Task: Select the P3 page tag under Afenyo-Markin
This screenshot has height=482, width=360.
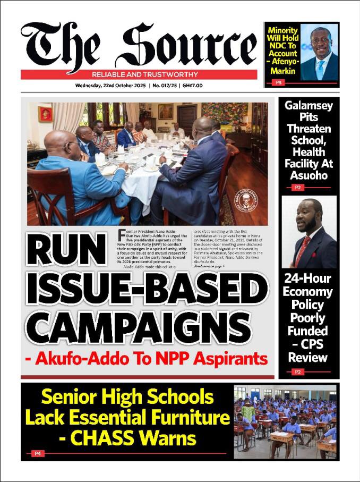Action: click(277, 82)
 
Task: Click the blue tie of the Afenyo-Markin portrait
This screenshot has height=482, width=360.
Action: click(320, 69)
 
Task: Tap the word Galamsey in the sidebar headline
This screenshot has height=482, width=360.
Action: click(308, 105)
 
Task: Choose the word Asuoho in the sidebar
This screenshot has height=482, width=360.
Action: click(308, 175)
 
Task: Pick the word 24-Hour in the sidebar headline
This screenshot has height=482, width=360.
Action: click(308, 278)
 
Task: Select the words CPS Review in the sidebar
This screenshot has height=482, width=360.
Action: click(308, 351)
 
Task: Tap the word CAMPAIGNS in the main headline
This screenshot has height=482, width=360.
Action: click(138, 326)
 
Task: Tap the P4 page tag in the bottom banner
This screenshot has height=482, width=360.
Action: click(38, 453)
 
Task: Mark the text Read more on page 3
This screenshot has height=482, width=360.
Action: click(209, 265)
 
